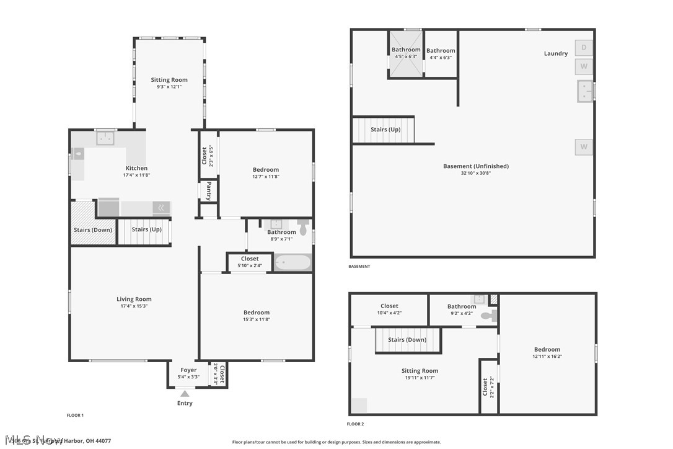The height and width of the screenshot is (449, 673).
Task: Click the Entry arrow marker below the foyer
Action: [x=185, y=393]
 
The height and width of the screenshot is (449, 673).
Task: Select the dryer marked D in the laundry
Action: [x=584, y=48]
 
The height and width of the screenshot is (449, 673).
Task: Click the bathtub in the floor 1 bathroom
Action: [x=292, y=263]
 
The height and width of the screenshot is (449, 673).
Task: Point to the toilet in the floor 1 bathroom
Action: [x=303, y=228]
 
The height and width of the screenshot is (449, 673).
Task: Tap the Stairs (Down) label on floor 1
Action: [x=93, y=230]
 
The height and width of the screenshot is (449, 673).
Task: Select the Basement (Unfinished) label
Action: [x=475, y=166]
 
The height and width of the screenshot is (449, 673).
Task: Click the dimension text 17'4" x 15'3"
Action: [x=134, y=306]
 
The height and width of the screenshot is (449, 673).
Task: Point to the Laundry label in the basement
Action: [x=555, y=53]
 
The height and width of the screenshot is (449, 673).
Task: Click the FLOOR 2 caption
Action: [x=355, y=424]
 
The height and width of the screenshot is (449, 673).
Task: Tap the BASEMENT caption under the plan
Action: [x=359, y=267]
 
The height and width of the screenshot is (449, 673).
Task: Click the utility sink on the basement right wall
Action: [x=585, y=91]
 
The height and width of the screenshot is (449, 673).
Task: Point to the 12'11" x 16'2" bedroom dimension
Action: [x=547, y=356]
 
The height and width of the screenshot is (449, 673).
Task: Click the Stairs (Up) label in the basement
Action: [x=385, y=130]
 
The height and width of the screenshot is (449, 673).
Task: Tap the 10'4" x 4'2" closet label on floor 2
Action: [x=389, y=313]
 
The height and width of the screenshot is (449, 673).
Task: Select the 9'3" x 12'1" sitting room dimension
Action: [x=169, y=87]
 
